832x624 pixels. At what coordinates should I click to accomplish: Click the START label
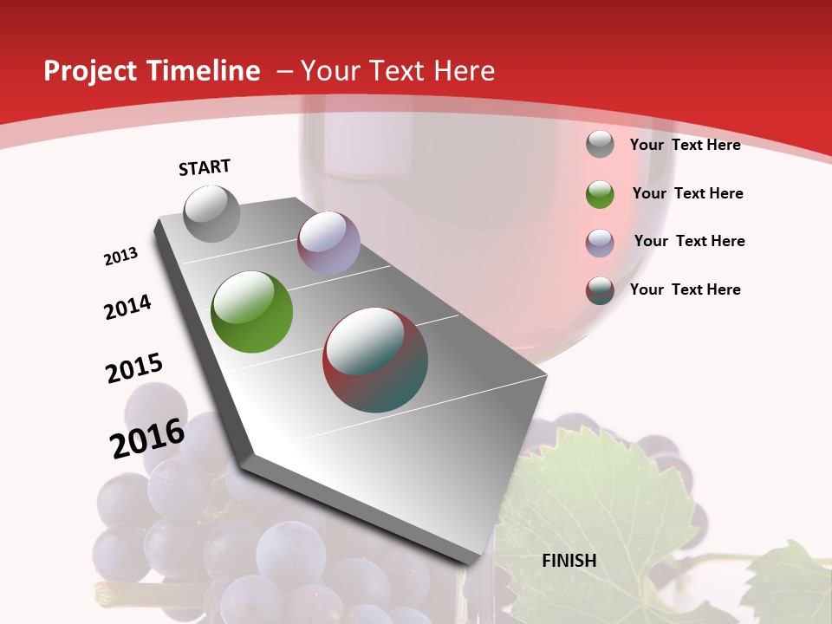click(205, 167)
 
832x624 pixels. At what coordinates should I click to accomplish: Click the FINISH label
click(569, 561)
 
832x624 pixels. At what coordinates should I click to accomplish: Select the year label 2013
click(121, 256)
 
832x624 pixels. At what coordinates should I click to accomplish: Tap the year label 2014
click(128, 307)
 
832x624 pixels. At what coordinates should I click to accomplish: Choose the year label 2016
click(147, 438)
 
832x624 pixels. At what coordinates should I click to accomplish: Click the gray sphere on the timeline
click(212, 213)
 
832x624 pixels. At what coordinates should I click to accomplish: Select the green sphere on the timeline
click(252, 311)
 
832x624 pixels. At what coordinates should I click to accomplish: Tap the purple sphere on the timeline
click(328, 243)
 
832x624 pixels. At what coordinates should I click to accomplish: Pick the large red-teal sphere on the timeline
click(375, 359)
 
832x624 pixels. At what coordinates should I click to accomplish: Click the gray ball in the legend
click(600, 145)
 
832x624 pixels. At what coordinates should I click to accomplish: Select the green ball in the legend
click(600, 194)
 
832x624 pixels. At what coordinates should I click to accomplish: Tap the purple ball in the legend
click(600, 243)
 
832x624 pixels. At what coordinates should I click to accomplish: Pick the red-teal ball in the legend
click(600, 290)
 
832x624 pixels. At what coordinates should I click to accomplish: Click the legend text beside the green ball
click(687, 193)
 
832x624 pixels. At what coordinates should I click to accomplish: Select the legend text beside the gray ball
click(685, 145)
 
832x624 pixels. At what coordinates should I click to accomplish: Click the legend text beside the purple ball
click(689, 241)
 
